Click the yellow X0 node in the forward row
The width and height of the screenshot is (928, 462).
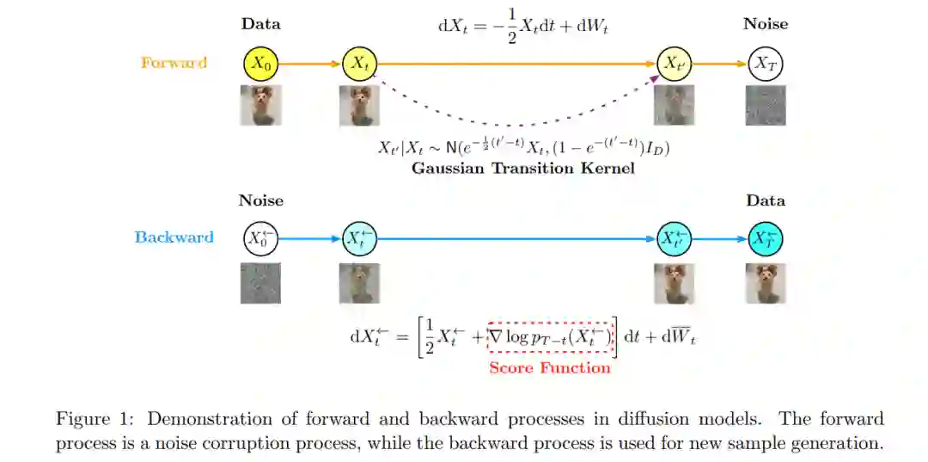(261, 63)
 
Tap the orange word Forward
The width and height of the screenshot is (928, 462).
(174, 63)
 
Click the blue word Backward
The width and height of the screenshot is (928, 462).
(174, 237)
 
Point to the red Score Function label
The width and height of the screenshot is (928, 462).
(550, 368)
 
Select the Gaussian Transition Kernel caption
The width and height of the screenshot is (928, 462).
(522, 169)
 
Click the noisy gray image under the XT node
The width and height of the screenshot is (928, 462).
(766, 105)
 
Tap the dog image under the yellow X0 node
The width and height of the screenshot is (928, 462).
(261, 105)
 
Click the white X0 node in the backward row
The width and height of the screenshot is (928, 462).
(260, 237)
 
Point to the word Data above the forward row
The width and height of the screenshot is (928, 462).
(261, 24)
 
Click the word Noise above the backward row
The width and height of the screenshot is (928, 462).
(261, 200)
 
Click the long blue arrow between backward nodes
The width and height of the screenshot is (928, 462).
(516, 237)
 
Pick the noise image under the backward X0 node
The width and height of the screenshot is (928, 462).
(261, 283)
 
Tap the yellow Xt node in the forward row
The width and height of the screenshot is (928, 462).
(360, 63)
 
